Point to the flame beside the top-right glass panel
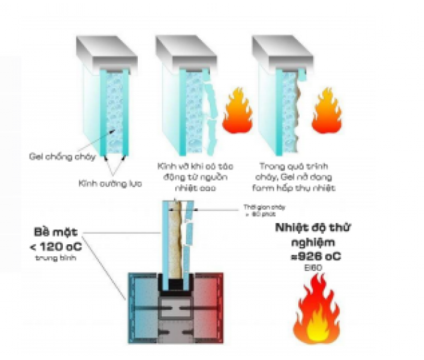[x=326, y=111]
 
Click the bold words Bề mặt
[x=56, y=233]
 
